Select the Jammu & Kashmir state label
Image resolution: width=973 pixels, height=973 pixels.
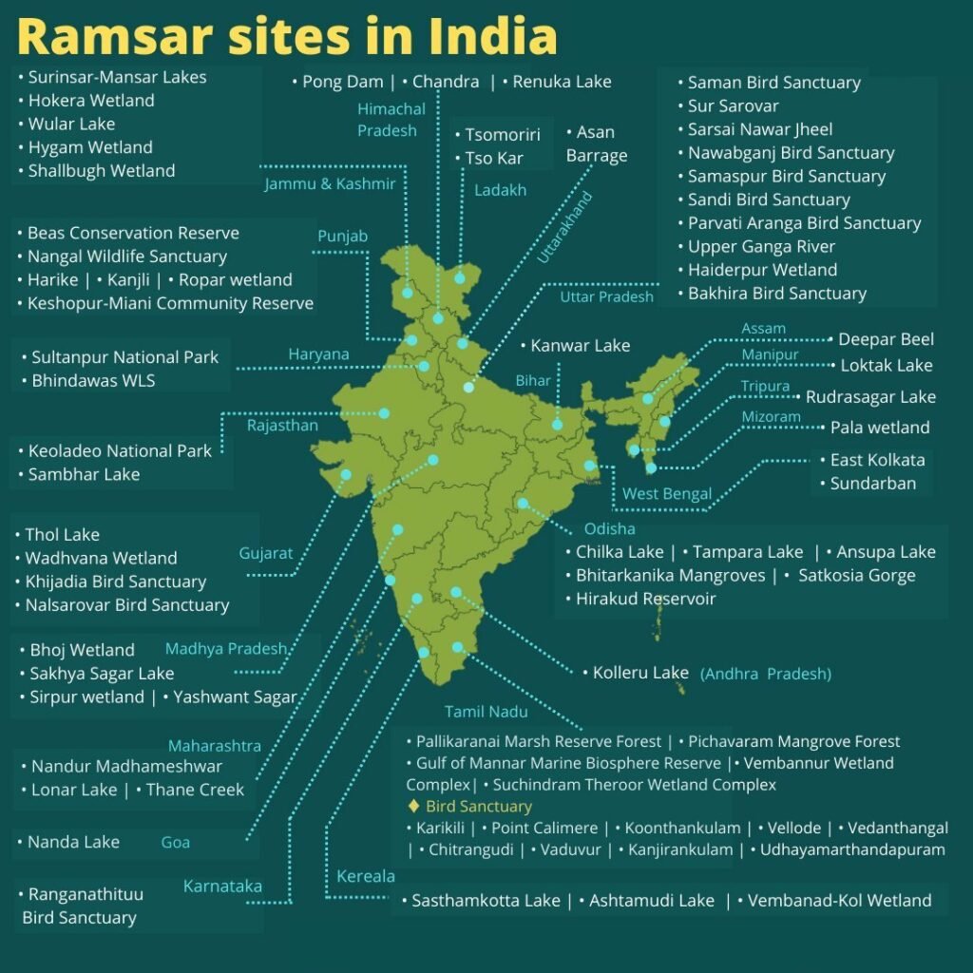point(330,183)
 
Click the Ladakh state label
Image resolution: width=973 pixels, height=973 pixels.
point(500,190)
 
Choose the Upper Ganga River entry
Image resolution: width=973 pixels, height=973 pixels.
point(761,246)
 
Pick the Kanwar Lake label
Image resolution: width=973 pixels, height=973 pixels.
point(580,346)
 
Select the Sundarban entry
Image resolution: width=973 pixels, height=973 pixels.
point(872,483)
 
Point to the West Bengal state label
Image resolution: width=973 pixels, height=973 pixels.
point(667,493)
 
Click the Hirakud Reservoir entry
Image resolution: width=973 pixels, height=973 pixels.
point(645,599)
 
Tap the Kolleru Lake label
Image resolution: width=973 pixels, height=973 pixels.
point(640,673)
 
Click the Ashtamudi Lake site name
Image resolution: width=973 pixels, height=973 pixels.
point(652,900)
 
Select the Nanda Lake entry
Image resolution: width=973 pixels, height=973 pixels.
point(73,842)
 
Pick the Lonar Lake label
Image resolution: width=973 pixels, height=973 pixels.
point(74,790)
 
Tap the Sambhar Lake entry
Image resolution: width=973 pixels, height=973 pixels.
point(84,474)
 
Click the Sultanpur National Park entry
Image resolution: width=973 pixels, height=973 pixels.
point(124,357)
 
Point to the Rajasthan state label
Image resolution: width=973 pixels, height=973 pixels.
point(282,425)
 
